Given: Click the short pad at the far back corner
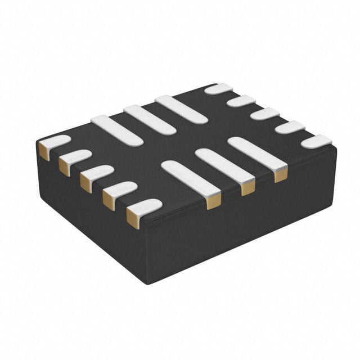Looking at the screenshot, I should click(218, 88).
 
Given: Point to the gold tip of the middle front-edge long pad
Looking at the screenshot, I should click(247, 188).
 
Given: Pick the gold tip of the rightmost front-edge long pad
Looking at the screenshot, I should click(280, 175).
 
